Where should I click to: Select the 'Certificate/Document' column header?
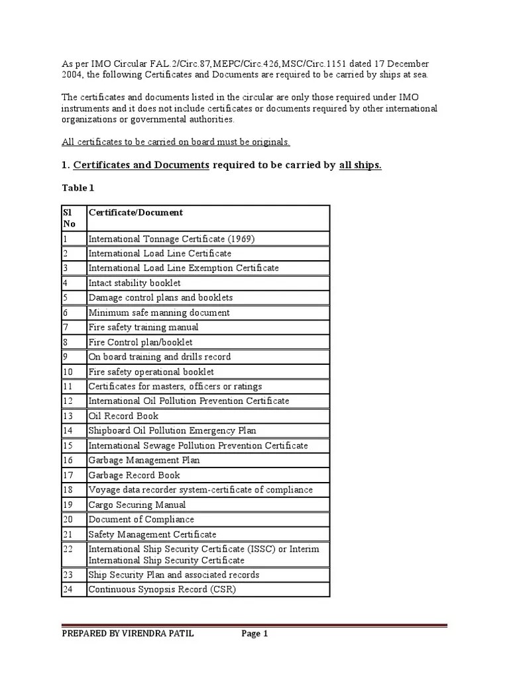coord(136,213)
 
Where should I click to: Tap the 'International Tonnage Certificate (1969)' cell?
coord(172,238)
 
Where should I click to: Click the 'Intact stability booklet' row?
coord(135,283)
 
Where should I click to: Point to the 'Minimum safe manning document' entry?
coord(159,313)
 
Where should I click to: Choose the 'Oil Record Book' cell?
coord(123,416)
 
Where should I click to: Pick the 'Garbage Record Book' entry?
coord(134,475)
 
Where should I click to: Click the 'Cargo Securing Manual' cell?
coord(137,505)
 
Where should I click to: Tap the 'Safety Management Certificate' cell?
coord(152,534)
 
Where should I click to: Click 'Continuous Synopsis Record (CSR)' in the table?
coord(162,589)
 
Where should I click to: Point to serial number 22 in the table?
coord(68,549)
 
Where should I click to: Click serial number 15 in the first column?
coord(68,446)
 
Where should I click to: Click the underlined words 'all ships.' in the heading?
coord(360,165)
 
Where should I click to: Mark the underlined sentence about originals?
coord(176,142)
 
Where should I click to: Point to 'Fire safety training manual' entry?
coord(143,327)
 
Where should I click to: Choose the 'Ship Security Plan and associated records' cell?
coord(174,574)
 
